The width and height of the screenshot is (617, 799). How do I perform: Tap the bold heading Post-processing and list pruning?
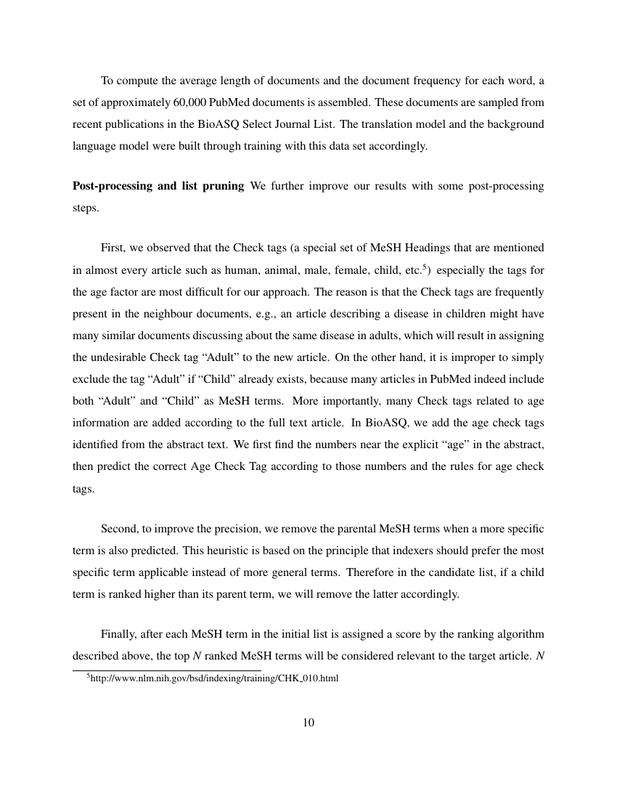pyautogui.click(x=158, y=186)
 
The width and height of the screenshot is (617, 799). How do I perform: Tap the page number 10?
pyautogui.click(x=308, y=722)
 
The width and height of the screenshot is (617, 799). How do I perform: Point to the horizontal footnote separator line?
pyautogui.click(x=166, y=670)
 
